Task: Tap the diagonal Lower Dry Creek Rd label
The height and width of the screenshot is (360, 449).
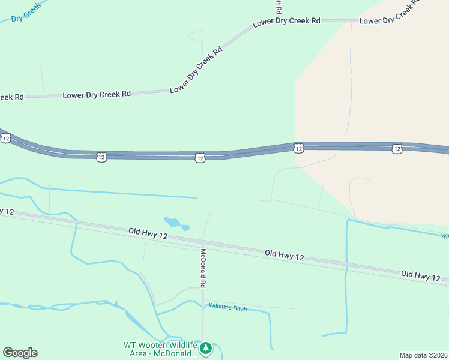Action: click(x=196, y=70)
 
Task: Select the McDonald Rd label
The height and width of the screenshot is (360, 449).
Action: click(x=203, y=268)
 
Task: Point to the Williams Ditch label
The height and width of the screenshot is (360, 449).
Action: click(x=228, y=308)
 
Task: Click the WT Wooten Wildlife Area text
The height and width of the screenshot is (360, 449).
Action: click(x=160, y=349)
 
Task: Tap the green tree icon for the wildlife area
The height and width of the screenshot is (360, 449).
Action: click(x=206, y=348)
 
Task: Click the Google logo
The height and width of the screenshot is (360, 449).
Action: click(x=20, y=353)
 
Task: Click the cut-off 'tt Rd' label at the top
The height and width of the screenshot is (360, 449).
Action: click(x=278, y=7)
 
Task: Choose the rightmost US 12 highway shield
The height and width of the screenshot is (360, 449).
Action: click(x=397, y=148)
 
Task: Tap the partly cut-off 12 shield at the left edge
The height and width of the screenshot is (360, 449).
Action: click(x=5, y=138)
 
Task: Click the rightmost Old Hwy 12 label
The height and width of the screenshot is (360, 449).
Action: click(x=421, y=275)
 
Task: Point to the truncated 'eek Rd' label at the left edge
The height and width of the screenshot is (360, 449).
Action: click(x=11, y=97)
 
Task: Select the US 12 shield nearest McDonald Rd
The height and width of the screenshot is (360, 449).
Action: click(x=200, y=157)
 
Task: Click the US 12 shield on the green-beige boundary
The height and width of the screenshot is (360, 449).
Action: click(x=298, y=148)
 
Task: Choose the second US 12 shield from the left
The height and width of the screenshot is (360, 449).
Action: click(x=101, y=157)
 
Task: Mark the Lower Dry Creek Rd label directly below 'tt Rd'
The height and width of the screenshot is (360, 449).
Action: click(x=286, y=22)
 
